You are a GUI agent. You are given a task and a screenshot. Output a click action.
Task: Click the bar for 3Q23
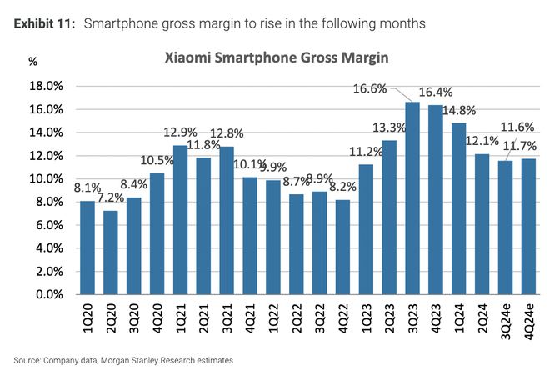coord(412,198)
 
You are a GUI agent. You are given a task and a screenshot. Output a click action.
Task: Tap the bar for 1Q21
coord(180,220)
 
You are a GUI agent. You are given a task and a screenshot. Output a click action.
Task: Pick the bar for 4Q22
coord(342,247)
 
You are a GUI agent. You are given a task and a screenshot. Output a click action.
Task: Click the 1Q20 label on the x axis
coord(87,321)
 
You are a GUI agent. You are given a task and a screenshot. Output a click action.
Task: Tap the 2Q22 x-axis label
coord(296,321)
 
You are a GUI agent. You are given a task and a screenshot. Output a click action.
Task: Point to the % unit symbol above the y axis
coord(32,61)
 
